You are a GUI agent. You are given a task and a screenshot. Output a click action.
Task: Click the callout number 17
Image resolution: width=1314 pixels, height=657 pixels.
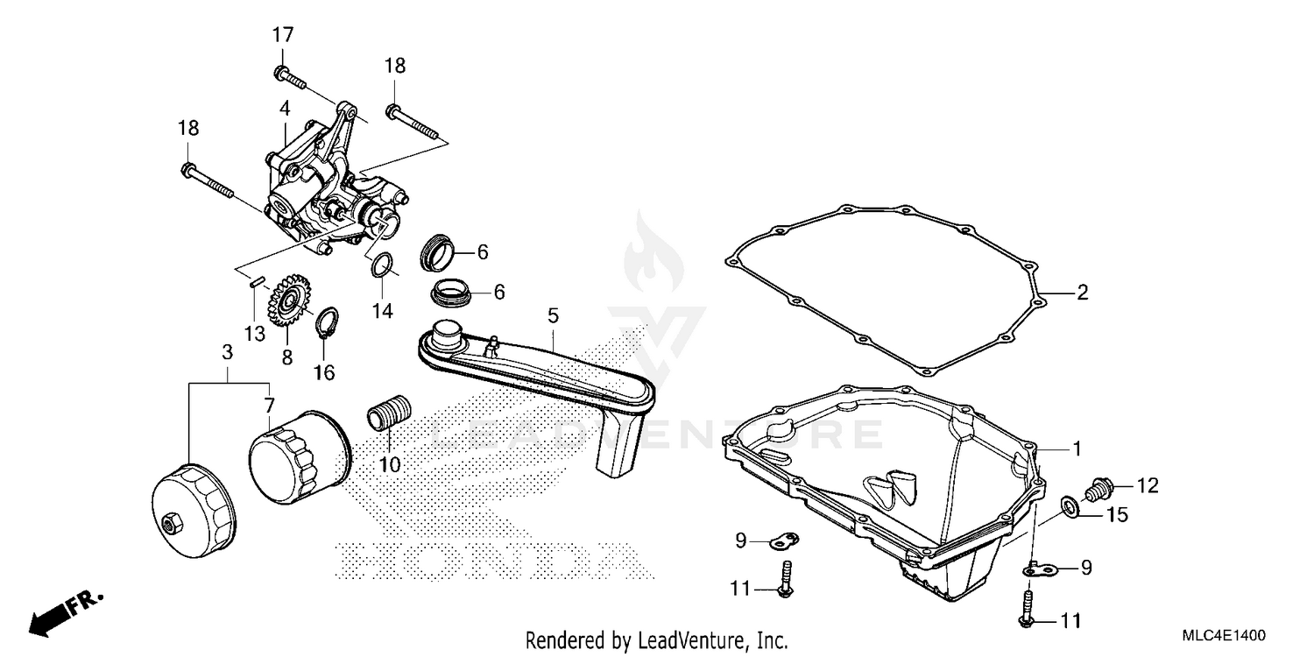pyautogui.click(x=282, y=36)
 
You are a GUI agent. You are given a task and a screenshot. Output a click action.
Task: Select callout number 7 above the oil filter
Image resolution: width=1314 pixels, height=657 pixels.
pyautogui.click(x=269, y=406)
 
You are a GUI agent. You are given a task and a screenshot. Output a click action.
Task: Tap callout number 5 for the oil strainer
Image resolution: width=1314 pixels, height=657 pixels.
pyautogui.click(x=553, y=314)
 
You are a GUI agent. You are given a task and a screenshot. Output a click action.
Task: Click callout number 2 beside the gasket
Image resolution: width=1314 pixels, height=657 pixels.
pyautogui.click(x=1082, y=293)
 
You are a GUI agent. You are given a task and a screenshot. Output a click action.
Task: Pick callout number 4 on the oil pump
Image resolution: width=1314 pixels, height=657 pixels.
pyautogui.click(x=285, y=109)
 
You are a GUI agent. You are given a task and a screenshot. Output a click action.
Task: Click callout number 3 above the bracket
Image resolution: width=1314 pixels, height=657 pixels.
pyautogui.click(x=227, y=352)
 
